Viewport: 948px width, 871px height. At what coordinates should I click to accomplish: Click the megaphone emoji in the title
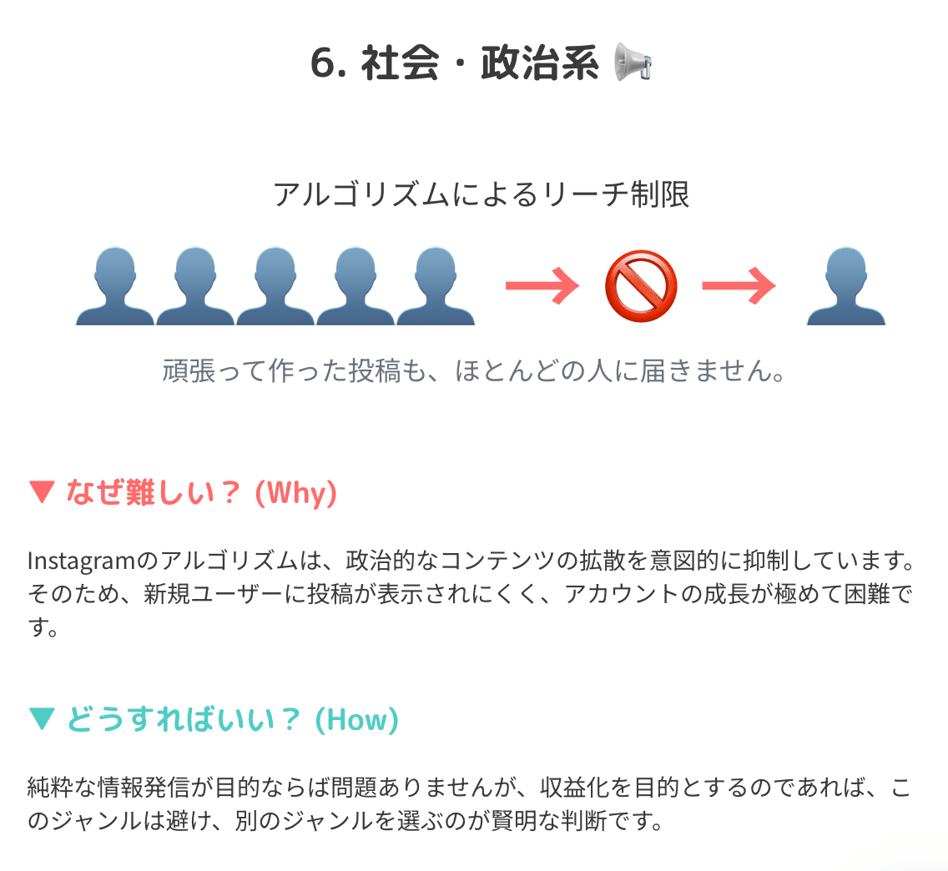click(x=632, y=63)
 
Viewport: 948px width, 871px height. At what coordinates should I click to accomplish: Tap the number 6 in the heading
click(x=323, y=63)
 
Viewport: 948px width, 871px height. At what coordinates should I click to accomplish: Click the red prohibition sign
click(x=640, y=286)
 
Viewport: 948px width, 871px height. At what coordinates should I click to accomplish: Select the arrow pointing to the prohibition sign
click(x=542, y=286)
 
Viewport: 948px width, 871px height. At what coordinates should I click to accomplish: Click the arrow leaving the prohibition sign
click(x=739, y=286)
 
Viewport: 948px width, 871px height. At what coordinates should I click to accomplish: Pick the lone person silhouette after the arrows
click(x=845, y=286)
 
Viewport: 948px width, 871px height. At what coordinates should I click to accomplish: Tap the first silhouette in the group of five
click(x=115, y=286)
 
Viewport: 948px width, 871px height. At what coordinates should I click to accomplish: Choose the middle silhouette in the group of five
click(x=275, y=286)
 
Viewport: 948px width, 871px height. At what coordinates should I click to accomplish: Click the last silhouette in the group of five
click(x=436, y=286)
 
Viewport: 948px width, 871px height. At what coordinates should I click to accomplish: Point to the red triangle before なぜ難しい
click(x=41, y=492)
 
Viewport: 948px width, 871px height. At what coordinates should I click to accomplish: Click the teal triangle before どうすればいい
click(x=41, y=719)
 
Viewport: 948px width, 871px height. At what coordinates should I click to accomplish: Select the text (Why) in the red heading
click(x=295, y=493)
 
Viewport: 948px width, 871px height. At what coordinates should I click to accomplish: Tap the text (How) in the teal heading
click(x=356, y=720)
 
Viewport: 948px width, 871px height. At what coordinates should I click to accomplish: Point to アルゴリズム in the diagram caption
click(x=347, y=194)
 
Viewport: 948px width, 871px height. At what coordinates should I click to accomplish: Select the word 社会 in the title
click(x=400, y=63)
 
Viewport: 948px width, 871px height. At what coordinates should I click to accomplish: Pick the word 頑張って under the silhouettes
click(x=214, y=371)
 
